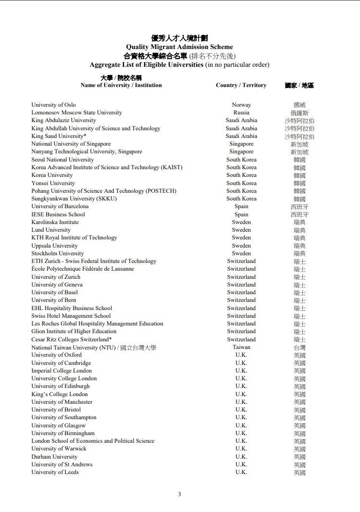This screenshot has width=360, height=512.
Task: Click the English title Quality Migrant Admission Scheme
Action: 179,47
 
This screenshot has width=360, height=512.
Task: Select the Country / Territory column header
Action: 241,85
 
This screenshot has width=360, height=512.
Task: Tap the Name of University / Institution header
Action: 121,85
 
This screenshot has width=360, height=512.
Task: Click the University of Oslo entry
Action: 53,105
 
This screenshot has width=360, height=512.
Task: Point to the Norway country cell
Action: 241,105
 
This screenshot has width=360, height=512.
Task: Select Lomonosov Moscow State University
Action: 76,112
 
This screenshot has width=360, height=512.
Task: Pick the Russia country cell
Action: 241,112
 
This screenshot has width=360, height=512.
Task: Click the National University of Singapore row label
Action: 71,144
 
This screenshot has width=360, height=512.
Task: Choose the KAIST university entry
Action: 107,167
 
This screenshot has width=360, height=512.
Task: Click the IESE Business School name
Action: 58,214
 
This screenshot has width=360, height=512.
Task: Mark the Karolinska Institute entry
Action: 55,222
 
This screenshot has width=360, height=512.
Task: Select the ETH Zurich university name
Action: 94,261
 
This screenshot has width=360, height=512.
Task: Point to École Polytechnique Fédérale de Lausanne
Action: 83,269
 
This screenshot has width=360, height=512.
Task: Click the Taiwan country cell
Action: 241,347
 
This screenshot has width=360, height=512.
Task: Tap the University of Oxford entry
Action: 56,355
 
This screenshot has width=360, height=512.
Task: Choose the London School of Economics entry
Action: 93,441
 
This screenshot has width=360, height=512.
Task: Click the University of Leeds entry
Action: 55,472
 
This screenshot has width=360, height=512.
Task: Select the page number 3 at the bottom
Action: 180,494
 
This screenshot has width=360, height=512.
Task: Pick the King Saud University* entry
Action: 59,136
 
